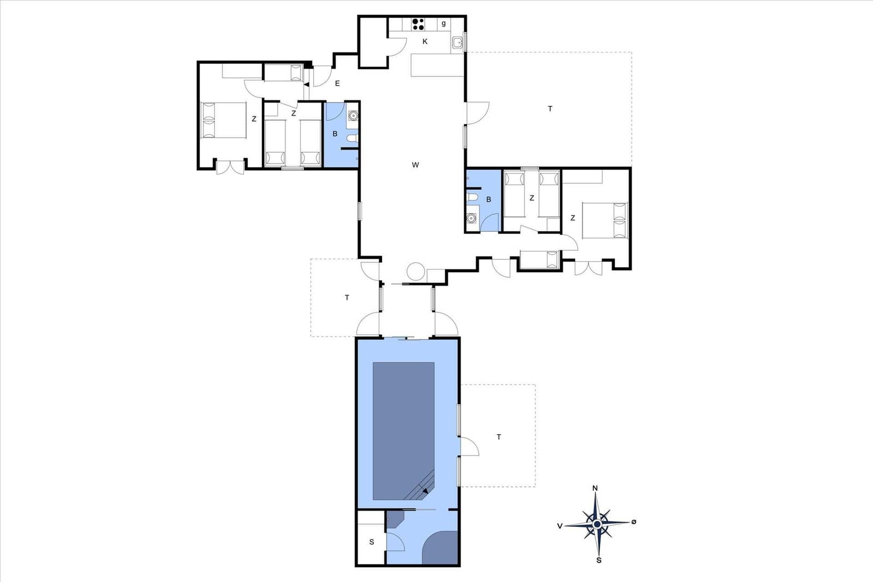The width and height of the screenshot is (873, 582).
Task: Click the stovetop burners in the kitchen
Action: pos(418,24)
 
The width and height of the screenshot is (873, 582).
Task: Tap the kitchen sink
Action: pos(458,43)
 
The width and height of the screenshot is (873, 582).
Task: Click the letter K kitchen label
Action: pos(425,41)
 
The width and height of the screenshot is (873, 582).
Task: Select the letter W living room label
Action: pos(415,165)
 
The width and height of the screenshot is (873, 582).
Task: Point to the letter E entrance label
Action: pos(338,83)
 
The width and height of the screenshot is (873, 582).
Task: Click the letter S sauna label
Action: pos(372,542)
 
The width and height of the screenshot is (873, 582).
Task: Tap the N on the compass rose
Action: pos(595,488)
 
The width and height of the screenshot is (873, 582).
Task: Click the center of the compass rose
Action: pos(597,524)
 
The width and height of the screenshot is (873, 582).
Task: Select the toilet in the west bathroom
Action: pos(352,138)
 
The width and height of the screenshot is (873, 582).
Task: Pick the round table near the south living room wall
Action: pos(416,271)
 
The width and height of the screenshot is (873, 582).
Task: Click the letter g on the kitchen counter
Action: pos(444,24)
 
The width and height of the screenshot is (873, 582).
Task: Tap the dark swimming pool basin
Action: pos(403,431)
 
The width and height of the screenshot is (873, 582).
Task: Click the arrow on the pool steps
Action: pos(425,491)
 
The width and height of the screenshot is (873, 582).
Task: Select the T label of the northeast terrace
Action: pos(550,109)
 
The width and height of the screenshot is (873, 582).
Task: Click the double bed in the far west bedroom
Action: pos(223,120)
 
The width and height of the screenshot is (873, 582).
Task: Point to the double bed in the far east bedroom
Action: pos(605,220)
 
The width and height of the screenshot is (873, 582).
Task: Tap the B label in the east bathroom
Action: pos(488,200)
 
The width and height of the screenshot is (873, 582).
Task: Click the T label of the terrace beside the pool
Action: pos(499,437)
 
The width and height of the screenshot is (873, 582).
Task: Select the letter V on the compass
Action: pos(560,526)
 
